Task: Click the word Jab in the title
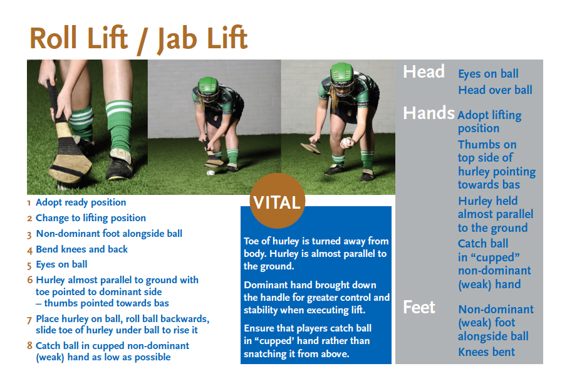[x=177, y=39]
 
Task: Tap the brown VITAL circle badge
[x=278, y=201]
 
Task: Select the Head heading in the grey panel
[x=424, y=71]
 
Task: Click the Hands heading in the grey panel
[x=429, y=113]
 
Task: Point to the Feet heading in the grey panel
[x=419, y=307]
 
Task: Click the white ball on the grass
[x=211, y=173]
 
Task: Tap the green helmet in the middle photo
[x=207, y=87]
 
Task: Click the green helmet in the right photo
[x=342, y=75]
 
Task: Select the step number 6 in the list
[x=30, y=280]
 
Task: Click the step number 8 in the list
[x=30, y=345]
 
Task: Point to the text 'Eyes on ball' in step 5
[x=61, y=264]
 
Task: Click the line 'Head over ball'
[x=495, y=90]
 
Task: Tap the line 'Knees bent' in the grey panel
[x=486, y=352]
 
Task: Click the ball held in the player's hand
[x=346, y=142]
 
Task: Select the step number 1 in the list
[x=29, y=203]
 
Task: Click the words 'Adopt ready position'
[x=81, y=202]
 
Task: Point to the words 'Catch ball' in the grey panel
[x=483, y=243]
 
